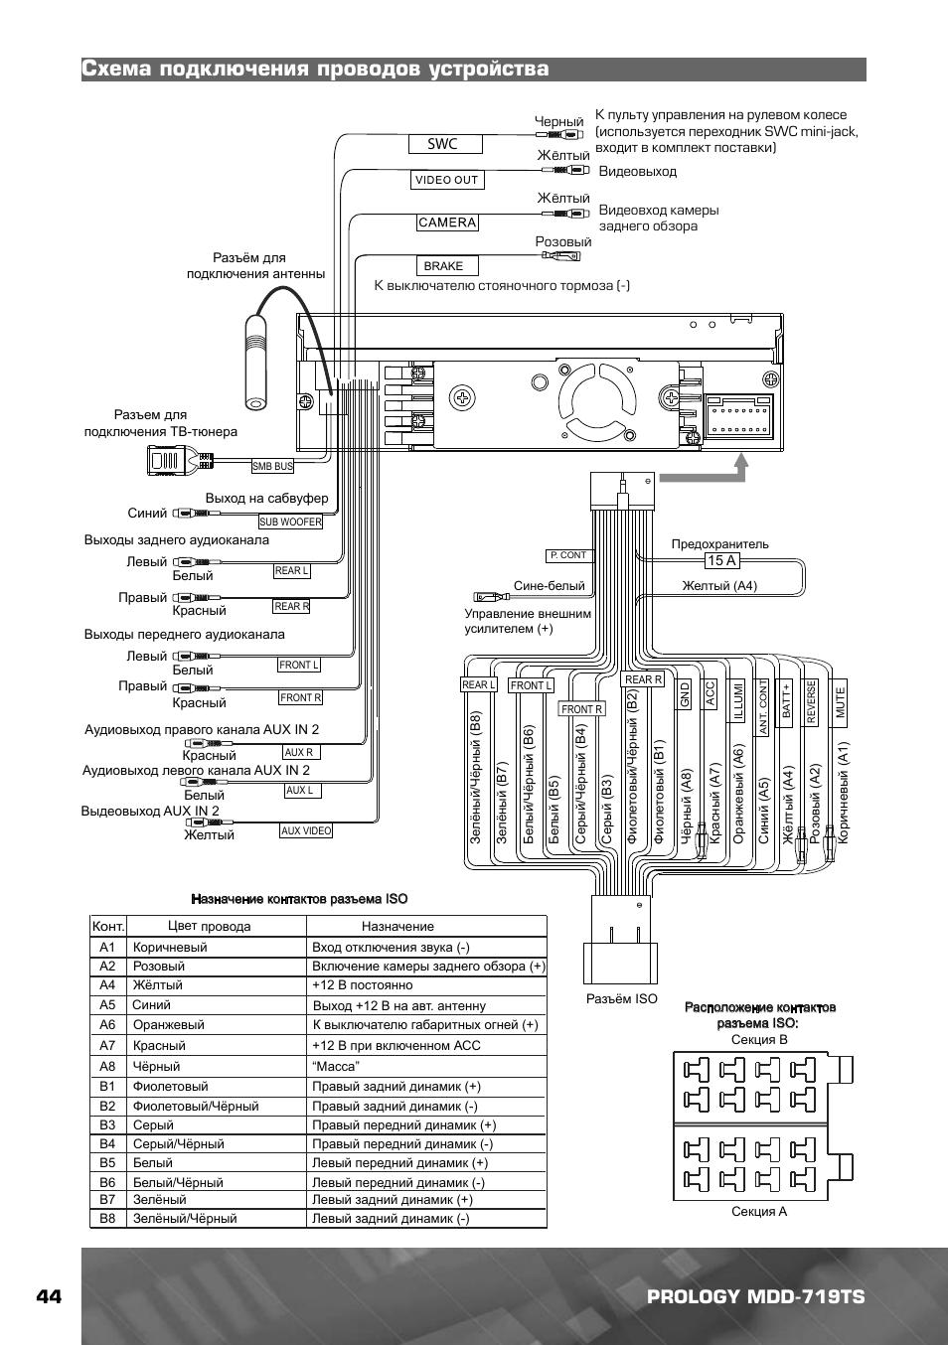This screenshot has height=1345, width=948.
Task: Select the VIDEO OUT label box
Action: click(x=447, y=180)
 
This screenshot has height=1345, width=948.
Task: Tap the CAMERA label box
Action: click(x=447, y=223)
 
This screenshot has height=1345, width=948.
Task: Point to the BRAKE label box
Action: click(x=447, y=266)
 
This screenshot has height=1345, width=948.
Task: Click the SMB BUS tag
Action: click(x=272, y=466)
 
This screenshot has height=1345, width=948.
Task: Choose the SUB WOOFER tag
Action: click(x=291, y=522)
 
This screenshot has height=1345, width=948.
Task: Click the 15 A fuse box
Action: click(x=722, y=561)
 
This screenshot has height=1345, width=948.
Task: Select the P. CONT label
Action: click(x=568, y=555)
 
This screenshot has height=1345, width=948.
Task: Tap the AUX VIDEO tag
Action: click(x=306, y=831)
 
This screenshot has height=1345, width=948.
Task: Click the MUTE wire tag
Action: click(x=840, y=702)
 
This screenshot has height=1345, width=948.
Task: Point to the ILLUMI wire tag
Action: click(x=737, y=700)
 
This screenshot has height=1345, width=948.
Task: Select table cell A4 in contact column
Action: click(x=107, y=985)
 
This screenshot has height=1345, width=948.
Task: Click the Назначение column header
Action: click(x=397, y=927)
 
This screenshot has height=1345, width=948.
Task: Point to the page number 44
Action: click(x=50, y=1296)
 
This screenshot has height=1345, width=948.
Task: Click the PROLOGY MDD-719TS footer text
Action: click(x=756, y=1296)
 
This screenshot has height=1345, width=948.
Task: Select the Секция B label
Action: click(x=759, y=1039)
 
